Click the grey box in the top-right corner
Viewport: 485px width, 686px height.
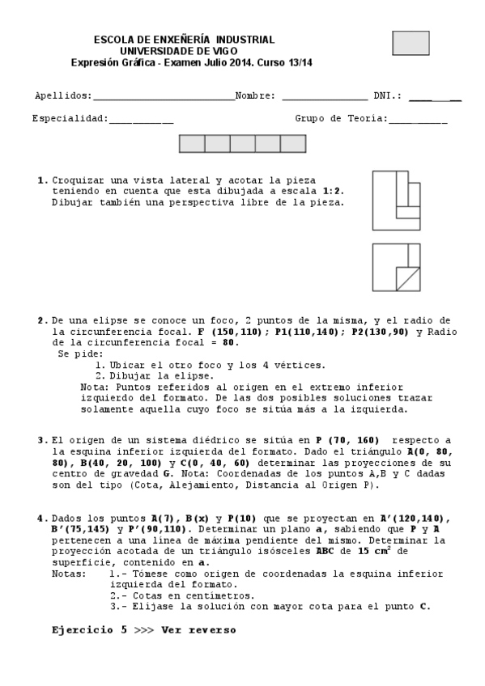tap(411, 43)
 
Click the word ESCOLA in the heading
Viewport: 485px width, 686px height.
tap(113, 40)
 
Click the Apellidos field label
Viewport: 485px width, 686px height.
tap(62, 95)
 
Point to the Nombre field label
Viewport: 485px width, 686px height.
tap(254, 95)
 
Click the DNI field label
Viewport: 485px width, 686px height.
tap(388, 95)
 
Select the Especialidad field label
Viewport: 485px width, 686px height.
tap(70, 118)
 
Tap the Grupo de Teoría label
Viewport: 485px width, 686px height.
tap(341, 118)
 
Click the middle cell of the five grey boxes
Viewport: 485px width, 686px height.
tap(242, 144)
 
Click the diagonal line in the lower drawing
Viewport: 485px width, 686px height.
tap(408, 278)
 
